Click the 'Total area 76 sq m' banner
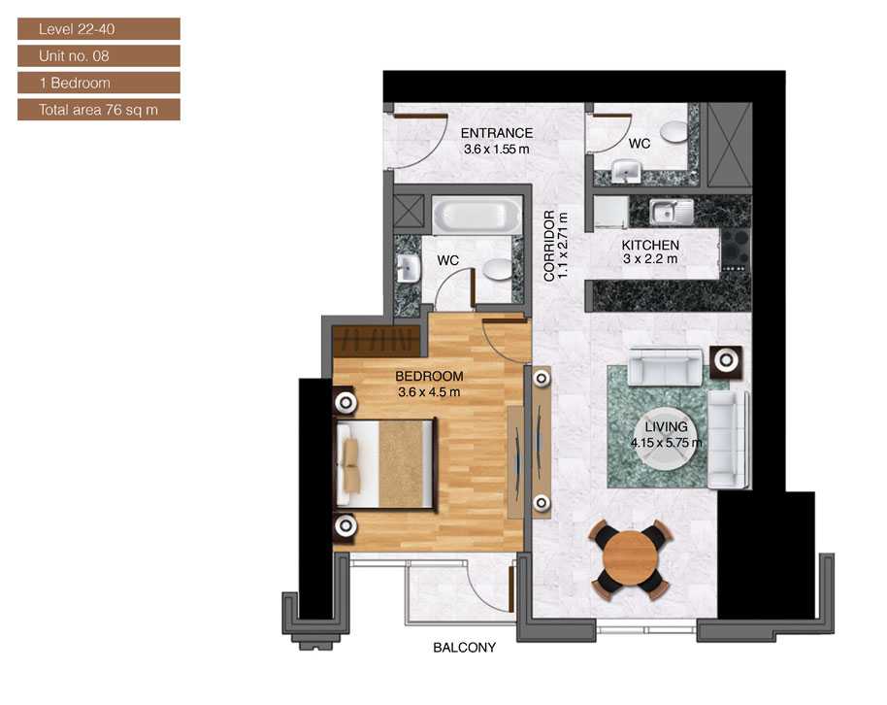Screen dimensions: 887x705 point(99,110)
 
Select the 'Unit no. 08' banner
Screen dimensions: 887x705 point(99,56)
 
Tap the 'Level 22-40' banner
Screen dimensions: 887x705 point(99,29)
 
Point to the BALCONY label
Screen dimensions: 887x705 point(465,648)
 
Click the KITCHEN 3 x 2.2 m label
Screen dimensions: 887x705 point(650,252)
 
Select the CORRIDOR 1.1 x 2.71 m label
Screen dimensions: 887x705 point(555,247)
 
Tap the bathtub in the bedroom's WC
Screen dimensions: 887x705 point(476,216)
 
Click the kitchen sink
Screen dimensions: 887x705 point(672,213)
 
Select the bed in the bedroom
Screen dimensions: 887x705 point(386,464)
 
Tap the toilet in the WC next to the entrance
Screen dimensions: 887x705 point(674,131)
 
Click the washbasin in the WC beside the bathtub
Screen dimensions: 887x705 point(408,268)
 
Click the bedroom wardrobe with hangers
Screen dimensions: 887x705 point(377,341)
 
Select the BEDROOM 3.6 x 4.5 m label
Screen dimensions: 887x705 point(429,384)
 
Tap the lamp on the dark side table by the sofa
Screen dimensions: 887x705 point(726,360)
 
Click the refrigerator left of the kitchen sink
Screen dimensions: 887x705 point(610,213)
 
